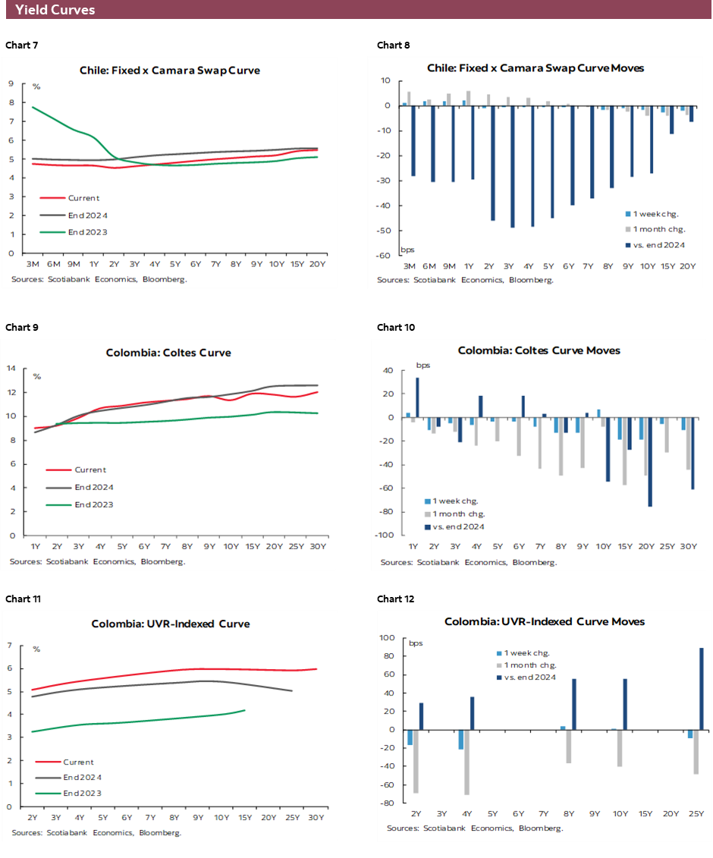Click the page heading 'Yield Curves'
(x=55, y=10)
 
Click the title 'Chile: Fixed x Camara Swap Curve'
(x=170, y=70)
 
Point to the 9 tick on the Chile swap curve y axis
(x=11, y=84)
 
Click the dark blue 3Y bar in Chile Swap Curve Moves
(x=513, y=166)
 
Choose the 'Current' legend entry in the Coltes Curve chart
(x=90, y=470)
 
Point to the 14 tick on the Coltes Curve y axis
(x=11, y=369)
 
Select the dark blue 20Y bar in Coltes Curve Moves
(x=650, y=462)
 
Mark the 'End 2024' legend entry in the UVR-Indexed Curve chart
(x=83, y=778)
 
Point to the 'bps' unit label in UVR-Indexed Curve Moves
(x=416, y=643)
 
